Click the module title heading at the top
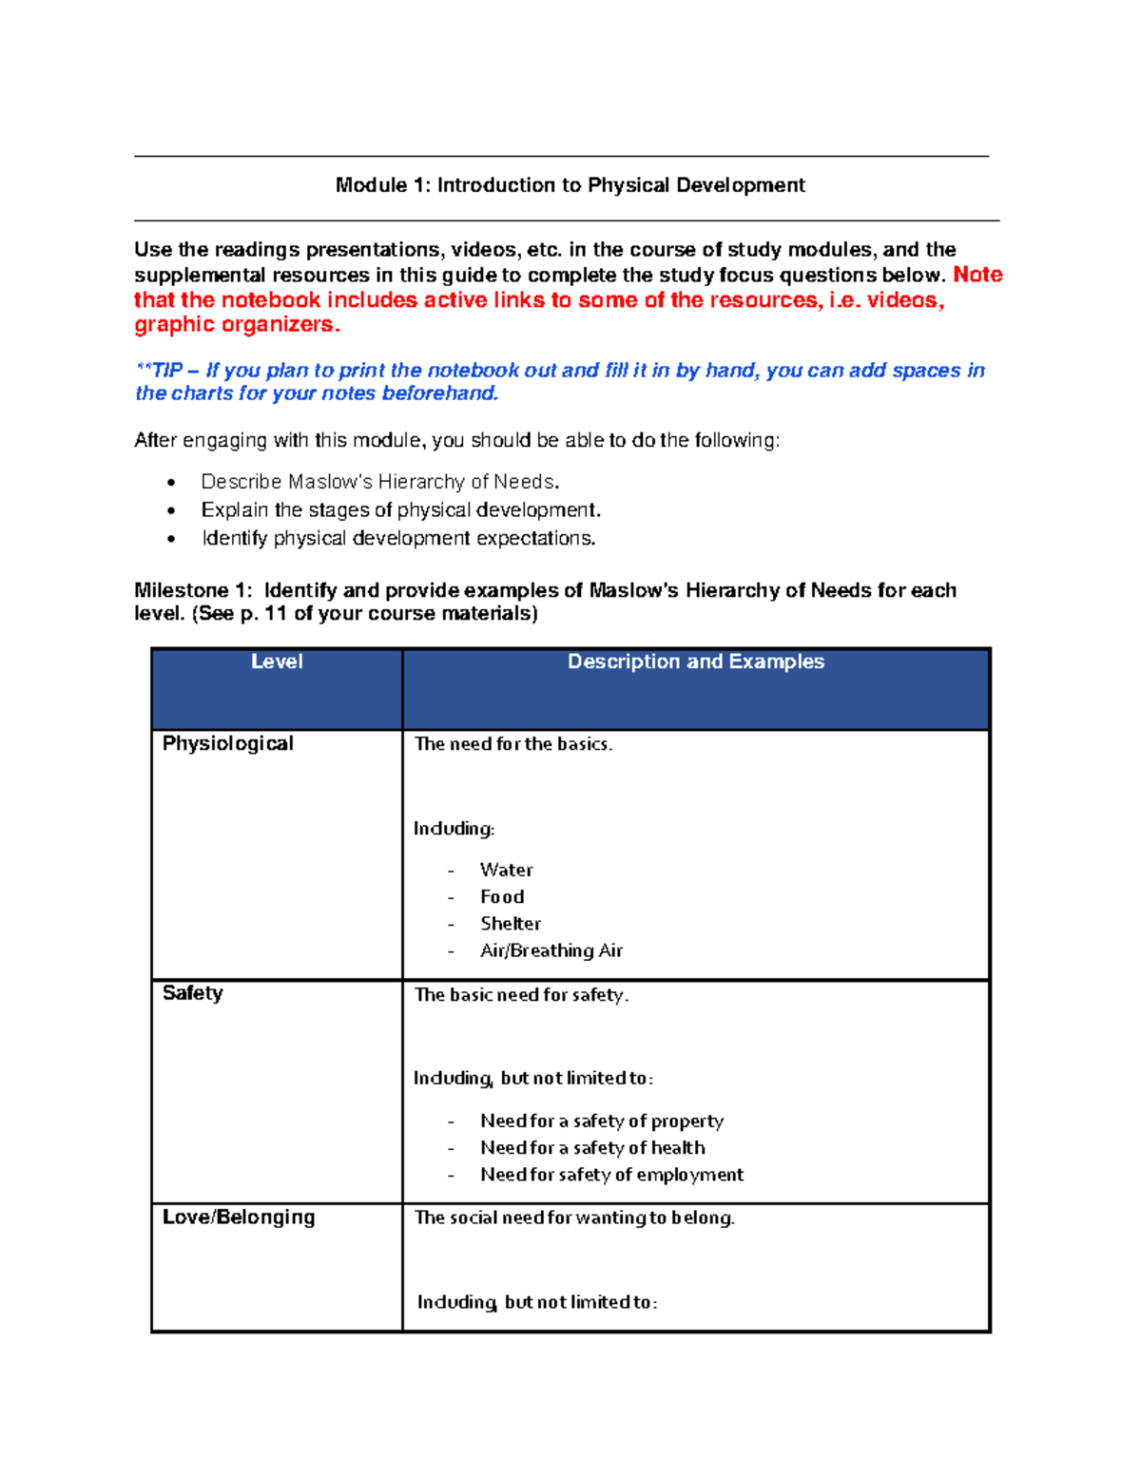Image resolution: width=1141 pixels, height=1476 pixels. tap(570, 185)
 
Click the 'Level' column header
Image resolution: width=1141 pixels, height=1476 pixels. tap(277, 661)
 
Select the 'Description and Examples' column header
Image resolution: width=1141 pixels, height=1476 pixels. tap(695, 661)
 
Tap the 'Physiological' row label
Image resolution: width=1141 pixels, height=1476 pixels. tap(227, 743)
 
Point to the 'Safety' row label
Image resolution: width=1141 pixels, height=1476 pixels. tap(192, 993)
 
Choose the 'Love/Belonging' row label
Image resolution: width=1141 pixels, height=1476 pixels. tap(238, 1217)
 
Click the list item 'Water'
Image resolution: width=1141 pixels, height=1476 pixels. tap(506, 870)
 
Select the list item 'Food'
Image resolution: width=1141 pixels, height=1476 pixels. tap(501, 896)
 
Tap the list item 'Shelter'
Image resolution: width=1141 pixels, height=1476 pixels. tap(510, 923)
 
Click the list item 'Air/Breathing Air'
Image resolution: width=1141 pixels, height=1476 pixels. tap(551, 950)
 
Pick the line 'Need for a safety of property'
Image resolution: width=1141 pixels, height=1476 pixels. tap(601, 1121)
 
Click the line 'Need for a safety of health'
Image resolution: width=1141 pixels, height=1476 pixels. tap(591, 1147)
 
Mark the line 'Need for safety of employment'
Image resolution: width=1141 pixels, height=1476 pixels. tap(610, 1175)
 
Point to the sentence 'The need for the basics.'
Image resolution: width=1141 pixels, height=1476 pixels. tap(512, 744)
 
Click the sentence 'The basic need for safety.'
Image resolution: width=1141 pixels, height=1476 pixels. tap(521, 995)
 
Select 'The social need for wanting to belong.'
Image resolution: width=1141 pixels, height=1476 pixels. tap(574, 1217)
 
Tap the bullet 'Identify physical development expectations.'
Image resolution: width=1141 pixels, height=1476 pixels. tap(398, 538)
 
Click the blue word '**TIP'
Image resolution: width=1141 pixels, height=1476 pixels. tap(160, 371)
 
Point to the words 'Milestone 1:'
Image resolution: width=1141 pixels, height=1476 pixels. tap(193, 590)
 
